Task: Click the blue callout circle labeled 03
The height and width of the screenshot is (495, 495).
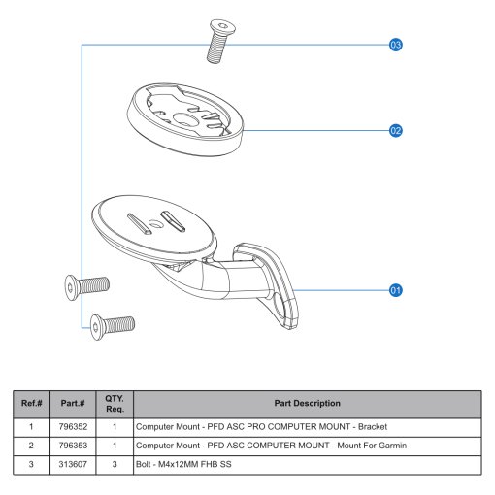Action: coord(395,45)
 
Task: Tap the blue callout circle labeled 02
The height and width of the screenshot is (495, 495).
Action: coord(395,131)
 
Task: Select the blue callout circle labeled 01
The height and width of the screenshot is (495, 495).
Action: coord(395,290)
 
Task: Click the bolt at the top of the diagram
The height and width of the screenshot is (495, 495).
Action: coord(220,42)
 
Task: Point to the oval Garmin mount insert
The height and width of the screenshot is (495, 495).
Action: coord(184,119)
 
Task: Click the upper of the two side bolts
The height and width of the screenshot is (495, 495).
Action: coord(87,286)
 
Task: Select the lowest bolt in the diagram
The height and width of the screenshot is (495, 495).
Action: coord(113,326)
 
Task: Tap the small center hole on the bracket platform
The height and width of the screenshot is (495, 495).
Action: coord(155,223)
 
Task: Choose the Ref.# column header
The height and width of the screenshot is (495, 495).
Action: coord(31,403)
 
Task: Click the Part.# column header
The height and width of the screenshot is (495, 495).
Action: coord(73,403)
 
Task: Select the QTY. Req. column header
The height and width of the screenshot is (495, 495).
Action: coord(115,404)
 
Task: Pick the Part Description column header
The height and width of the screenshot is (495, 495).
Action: coord(308,403)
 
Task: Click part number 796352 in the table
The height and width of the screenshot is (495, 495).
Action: coord(73,427)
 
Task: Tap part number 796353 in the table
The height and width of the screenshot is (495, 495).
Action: coord(73,445)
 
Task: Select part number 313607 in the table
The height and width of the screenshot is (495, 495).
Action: coord(73,464)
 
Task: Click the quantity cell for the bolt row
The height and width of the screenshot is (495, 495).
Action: coord(115,464)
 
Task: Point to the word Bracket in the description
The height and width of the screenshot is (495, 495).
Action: coord(373,427)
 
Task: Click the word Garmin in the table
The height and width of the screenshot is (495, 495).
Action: coord(393,445)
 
